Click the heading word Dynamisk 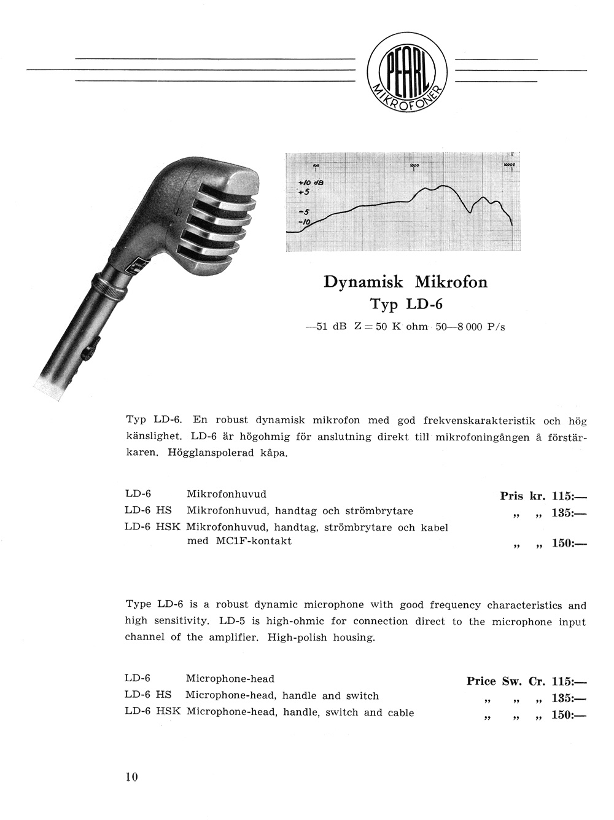pyautogui.click(x=363, y=282)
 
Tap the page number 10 pyautogui.click(x=131, y=777)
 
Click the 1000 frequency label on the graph pyautogui.click(x=414, y=166)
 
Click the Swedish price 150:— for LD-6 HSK pyautogui.click(x=569, y=543)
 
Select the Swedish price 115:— pyautogui.click(x=569, y=496)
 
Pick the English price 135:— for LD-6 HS pyautogui.click(x=569, y=698)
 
